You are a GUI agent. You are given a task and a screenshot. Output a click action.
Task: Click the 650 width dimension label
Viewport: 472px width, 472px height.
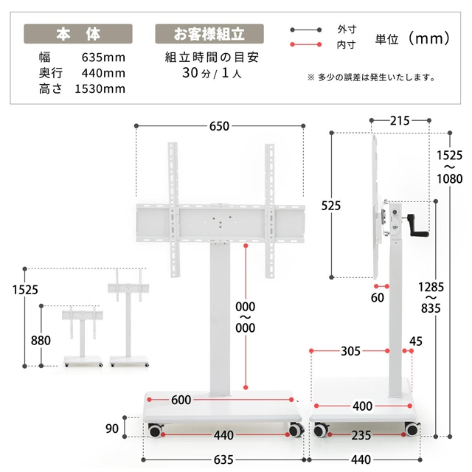(219, 126)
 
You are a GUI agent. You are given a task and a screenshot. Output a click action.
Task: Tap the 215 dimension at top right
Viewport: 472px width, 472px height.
(400, 121)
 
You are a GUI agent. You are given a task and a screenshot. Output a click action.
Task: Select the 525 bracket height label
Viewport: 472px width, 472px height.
(331, 206)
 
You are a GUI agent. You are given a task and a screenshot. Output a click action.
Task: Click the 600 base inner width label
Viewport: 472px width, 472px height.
(181, 400)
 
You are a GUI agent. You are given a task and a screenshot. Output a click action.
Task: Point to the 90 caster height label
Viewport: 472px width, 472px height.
(111, 428)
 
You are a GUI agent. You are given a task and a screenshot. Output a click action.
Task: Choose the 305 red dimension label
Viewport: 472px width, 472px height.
(350, 351)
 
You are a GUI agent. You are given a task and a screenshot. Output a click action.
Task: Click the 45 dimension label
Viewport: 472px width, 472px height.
(416, 341)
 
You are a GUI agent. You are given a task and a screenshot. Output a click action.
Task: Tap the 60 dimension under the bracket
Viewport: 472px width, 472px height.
(377, 298)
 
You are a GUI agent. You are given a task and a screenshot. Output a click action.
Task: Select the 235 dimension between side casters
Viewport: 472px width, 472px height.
(361, 435)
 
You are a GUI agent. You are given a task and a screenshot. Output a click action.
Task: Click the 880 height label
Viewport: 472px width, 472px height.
(41, 341)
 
